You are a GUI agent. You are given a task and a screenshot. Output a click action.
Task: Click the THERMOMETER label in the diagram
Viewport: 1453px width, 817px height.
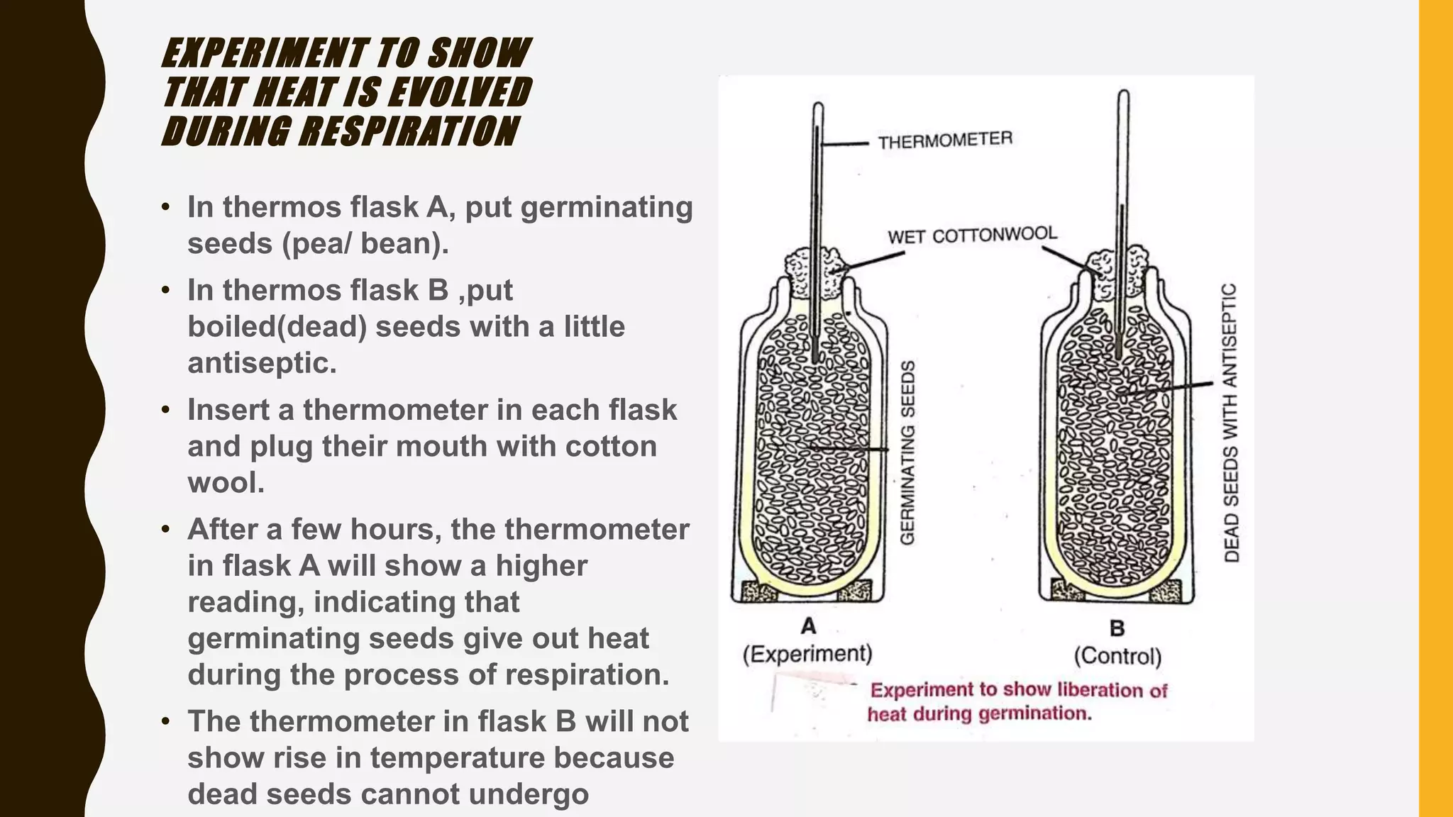(x=944, y=140)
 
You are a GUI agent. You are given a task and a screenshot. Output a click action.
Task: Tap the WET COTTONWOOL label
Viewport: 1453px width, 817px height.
(x=972, y=235)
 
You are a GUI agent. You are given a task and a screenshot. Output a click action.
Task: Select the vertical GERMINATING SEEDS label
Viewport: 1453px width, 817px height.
(x=907, y=452)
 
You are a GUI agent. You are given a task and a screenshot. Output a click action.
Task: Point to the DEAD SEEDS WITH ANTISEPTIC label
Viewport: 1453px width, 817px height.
(x=1231, y=423)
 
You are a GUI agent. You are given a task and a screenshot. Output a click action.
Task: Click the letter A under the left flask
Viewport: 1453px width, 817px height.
(x=808, y=626)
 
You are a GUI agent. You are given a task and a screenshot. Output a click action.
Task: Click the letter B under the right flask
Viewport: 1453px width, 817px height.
(x=1117, y=628)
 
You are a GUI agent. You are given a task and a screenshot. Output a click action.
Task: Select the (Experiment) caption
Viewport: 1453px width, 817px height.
(x=807, y=653)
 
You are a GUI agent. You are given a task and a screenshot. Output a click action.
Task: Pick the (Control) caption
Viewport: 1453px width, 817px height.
(x=1117, y=656)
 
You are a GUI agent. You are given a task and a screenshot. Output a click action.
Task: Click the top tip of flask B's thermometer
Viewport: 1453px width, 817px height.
(x=1123, y=93)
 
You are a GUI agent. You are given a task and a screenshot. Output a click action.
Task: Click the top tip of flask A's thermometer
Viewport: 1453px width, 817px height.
(x=817, y=106)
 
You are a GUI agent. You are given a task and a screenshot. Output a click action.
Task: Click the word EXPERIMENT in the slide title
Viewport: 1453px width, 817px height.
(x=265, y=53)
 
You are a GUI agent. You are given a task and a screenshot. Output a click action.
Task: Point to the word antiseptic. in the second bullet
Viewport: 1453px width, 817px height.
(x=262, y=362)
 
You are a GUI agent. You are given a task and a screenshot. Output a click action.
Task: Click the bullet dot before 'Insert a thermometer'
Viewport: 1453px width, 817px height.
(x=165, y=410)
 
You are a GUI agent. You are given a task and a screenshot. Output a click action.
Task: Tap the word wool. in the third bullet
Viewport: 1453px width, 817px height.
(x=226, y=482)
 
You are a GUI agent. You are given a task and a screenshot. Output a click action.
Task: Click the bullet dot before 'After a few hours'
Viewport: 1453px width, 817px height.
(x=165, y=530)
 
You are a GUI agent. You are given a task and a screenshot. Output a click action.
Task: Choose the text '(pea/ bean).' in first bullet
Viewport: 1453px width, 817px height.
(x=365, y=243)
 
